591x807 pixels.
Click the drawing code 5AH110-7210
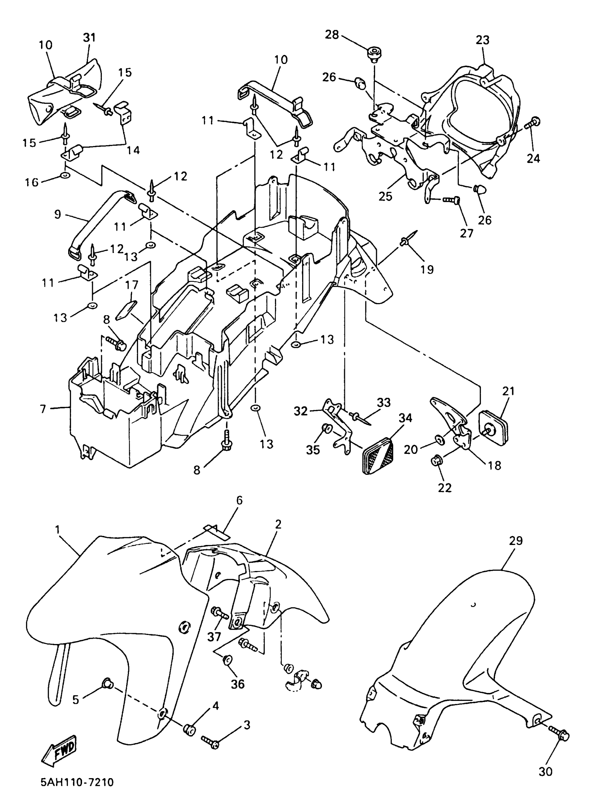[77, 782]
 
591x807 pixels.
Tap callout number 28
[332, 35]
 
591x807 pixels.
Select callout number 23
[482, 40]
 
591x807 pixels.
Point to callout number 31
[90, 38]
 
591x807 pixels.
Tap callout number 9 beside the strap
[58, 214]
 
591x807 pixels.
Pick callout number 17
[132, 286]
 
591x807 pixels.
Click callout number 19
[427, 269]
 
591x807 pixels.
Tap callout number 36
[237, 684]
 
